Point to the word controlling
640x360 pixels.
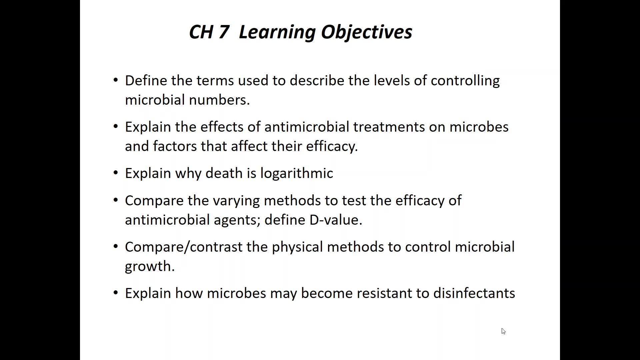tap(465, 81)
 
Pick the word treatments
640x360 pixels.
tap(389, 127)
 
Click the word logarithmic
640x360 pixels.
tap(297, 173)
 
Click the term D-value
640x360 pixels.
tap(336, 220)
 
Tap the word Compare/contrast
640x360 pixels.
tap(184, 247)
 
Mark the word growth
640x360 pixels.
tap(150, 267)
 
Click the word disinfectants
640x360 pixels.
tap(474, 293)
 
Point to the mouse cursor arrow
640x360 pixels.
tap(503, 331)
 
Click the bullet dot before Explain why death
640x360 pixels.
tap(116, 173)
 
